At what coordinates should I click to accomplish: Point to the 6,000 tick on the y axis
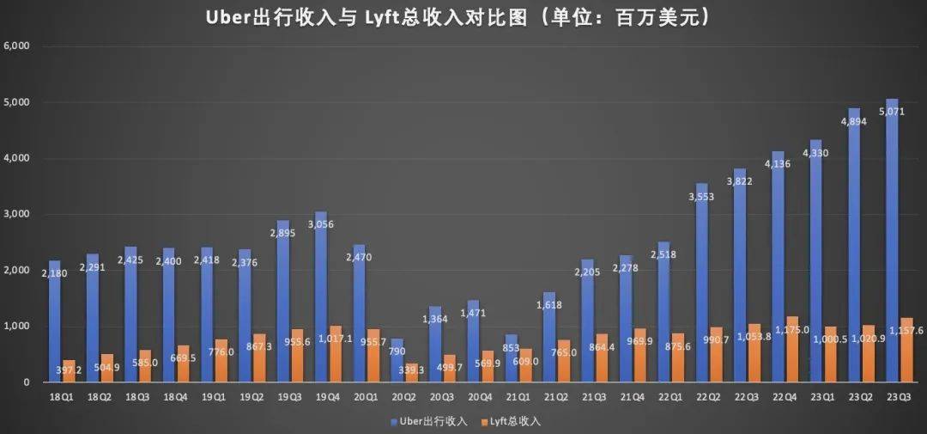[17, 46]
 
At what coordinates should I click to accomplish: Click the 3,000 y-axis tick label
[17, 214]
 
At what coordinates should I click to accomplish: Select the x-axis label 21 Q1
[517, 398]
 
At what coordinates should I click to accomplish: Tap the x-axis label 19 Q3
[289, 398]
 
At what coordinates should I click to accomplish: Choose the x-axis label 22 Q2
[707, 398]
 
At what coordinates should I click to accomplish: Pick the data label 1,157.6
[905, 330]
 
